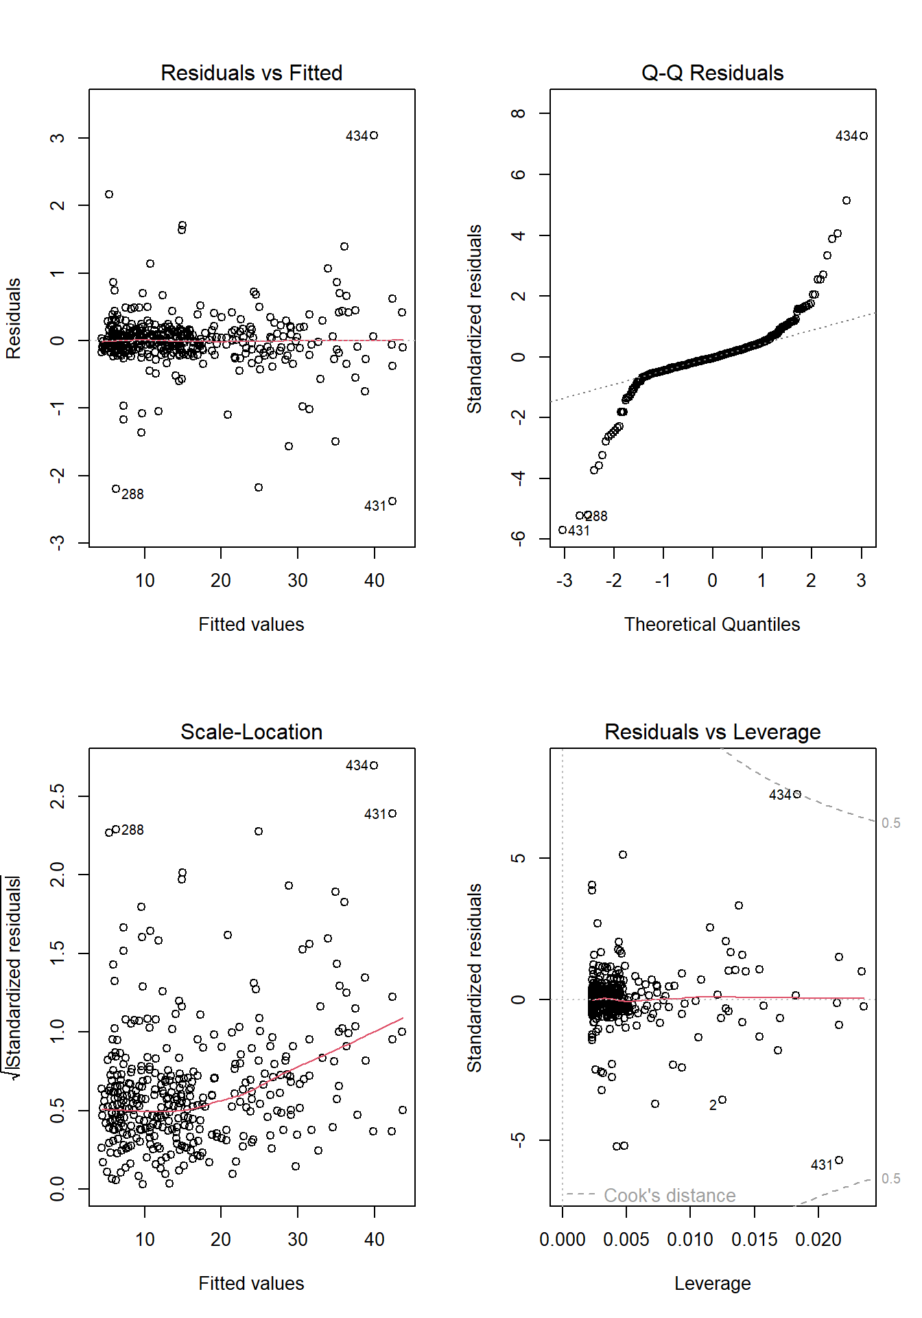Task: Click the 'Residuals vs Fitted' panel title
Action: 251,73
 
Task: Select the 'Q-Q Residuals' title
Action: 712,73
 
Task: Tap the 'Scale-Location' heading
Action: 251,732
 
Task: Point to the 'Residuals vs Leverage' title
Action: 712,732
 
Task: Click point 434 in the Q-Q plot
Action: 864,136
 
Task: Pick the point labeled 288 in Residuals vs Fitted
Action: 116,489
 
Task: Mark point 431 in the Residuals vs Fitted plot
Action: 392,501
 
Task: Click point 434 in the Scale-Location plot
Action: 374,765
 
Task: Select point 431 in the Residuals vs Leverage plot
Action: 839,1160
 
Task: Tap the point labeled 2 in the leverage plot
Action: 722,1100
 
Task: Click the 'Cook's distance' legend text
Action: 669,1196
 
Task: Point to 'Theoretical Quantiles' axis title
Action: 712,625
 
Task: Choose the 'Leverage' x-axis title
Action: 712,1284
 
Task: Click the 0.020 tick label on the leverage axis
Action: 818,1240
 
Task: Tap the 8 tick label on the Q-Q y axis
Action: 519,113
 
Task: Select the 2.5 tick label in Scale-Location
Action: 58,796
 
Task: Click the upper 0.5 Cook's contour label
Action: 890,823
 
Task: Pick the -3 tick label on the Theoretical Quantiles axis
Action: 564,581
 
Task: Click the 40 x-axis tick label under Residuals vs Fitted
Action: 374,581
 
